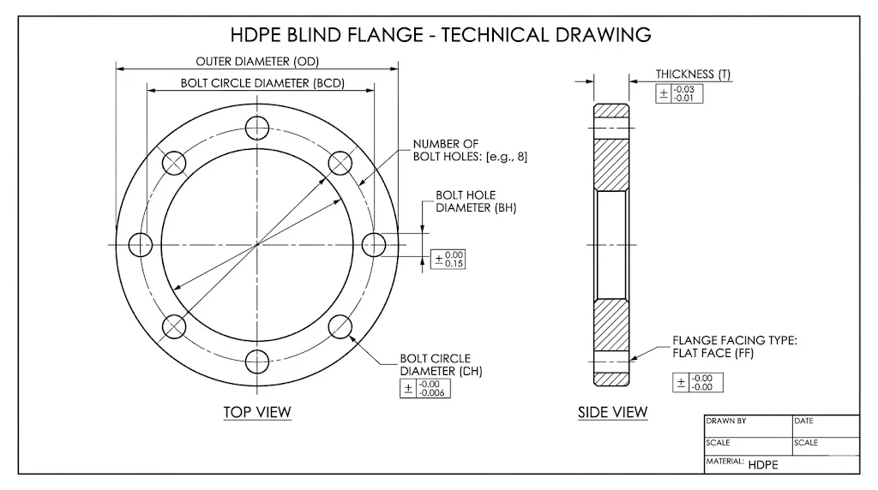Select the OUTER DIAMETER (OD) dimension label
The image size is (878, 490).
click(257, 62)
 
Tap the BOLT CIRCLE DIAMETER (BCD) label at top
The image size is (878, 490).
click(257, 83)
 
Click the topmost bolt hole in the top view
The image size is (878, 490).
click(257, 128)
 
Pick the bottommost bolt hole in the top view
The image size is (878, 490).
click(257, 362)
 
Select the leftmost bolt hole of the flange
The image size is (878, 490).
click(141, 245)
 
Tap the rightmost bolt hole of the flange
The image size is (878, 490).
click(375, 245)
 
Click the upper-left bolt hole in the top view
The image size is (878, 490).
click(175, 163)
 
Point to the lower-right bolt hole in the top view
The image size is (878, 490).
click(340, 327)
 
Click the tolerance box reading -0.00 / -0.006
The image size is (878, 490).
click(425, 388)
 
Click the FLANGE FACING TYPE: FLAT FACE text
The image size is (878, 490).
click(734, 346)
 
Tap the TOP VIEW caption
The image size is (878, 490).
click(257, 412)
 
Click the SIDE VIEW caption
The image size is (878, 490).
click(612, 412)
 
